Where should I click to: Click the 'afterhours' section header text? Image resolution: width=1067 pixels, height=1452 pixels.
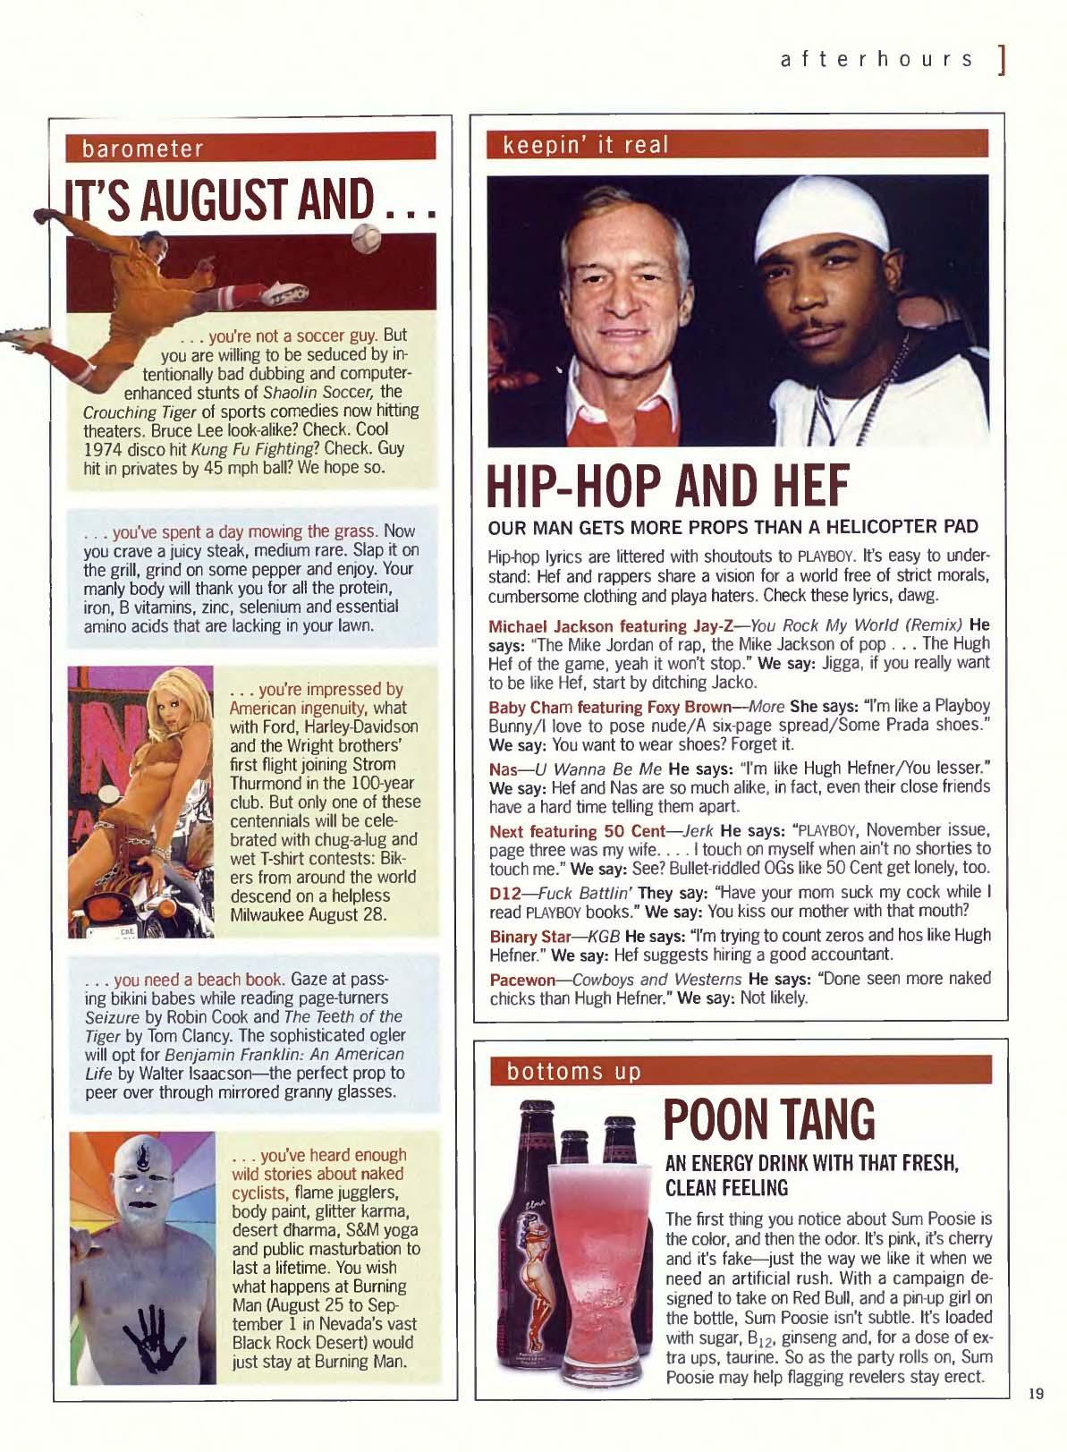click(x=876, y=59)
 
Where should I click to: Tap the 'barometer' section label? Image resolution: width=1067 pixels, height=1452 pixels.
click(x=143, y=148)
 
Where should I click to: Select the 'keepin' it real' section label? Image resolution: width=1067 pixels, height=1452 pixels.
click(x=586, y=145)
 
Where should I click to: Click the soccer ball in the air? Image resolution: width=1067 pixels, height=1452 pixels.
click(x=366, y=238)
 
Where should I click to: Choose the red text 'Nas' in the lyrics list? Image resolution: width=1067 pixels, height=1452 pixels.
click(x=500, y=768)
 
